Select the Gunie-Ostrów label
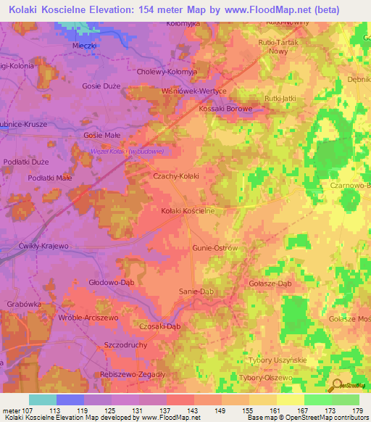pyautogui.click(x=215, y=248)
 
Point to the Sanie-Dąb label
pyautogui.click(x=196, y=291)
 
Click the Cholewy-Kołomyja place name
pyautogui.click(x=166, y=73)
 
